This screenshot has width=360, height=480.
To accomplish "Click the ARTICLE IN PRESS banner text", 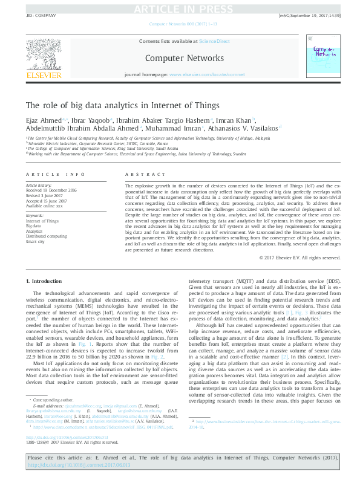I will click(180, 8).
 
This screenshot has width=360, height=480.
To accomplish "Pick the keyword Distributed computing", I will click(46, 235).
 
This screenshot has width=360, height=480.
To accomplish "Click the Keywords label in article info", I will click(34, 216).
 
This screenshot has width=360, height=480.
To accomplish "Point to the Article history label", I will click(39, 184).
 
